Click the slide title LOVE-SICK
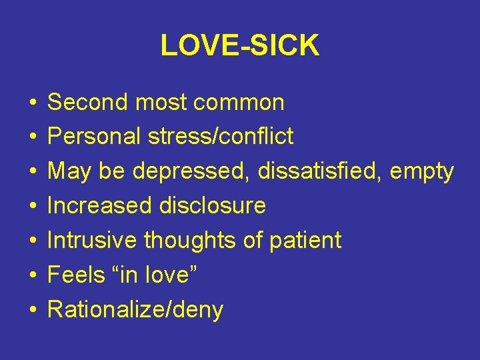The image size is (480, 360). pyautogui.click(x=240, y=45)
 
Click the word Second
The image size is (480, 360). pyautogui.click(x=87, y=103)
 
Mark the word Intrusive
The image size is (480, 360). pyautogui.click(x=94, y=240)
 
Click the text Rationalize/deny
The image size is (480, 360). pyautogui.click(x=135, y=310)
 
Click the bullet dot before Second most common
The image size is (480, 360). pyautogui.click(x=32, y=104)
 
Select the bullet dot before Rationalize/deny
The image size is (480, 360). pyautogui.click(x=32, y=311)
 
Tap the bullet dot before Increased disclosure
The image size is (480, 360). pyautogui.click(x=32, y=207)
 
